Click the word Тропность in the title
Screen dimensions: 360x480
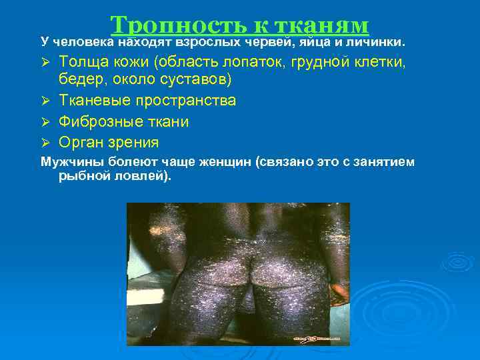pos(178,24)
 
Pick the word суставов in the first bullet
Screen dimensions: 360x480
pos(200,81)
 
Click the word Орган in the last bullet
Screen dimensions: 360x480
pos(79,143)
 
